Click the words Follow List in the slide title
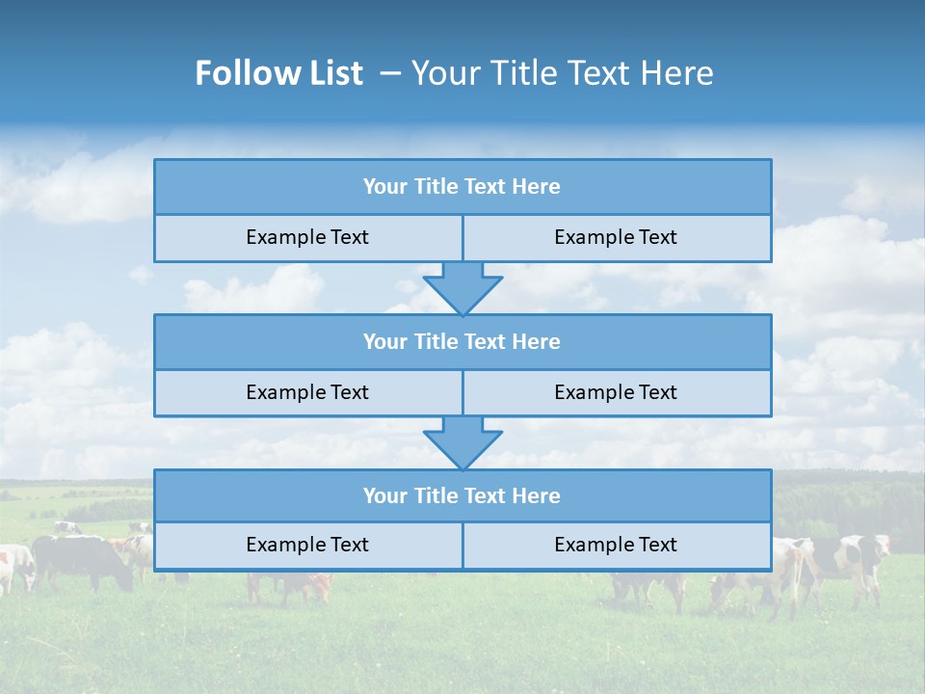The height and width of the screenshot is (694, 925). pos(278,73)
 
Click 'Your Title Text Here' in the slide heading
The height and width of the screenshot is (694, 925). pos(563,73)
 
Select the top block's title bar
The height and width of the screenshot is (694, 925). pos(462,187)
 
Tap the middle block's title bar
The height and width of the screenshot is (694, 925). pos(462,341)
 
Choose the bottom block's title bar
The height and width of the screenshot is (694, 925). pos(462,495)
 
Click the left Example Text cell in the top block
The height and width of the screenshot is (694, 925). pos(307,237)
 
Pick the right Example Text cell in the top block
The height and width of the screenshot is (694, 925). pos(616,237)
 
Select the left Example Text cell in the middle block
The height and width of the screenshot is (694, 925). pos(307,392)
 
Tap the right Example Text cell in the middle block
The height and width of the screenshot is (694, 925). pos(616,392)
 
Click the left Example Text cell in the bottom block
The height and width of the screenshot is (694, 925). pos(307,545)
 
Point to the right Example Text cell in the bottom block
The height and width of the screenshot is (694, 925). pos(616,545)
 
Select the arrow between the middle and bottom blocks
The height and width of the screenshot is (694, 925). pos(462,441)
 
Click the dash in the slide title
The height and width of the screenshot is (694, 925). pos(390,73)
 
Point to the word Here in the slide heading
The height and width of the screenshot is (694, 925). pos(679,73)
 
